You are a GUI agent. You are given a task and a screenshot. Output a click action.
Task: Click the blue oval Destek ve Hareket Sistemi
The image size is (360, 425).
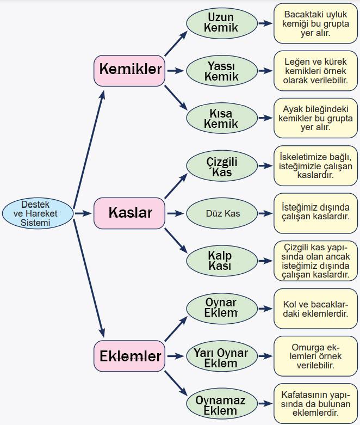(x=37, y=213)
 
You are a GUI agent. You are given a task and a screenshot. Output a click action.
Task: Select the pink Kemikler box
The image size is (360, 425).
(x=129, y=70)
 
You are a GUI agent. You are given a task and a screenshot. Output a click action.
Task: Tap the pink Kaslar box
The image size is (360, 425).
(x=129, y=213)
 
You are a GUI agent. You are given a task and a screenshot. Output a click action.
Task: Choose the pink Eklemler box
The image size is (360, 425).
(x=129, y=356)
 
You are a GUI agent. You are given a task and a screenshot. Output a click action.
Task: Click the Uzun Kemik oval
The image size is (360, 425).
(x=221, y=23)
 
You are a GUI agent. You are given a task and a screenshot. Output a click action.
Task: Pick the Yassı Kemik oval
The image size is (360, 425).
(x=221, y=71)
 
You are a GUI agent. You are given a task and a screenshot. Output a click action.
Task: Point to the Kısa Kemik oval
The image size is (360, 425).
(x=221, y=119)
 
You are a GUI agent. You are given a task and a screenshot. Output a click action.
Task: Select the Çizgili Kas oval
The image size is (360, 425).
(x=221, y=167)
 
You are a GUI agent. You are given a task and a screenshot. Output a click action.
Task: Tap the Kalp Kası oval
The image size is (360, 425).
(x=221, y=261)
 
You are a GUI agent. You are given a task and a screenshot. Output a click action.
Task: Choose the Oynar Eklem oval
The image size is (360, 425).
(x=221, y=308)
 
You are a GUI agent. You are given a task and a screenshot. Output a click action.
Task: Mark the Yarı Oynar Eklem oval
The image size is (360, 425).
(x=221, y=358)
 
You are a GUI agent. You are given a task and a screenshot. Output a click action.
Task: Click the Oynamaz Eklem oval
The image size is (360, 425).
(x=221, y=405)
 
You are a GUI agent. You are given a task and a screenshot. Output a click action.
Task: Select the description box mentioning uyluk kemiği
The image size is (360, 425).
(x=315, y=23)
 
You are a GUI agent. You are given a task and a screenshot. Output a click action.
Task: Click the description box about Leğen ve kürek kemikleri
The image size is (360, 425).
(x=315, y=71)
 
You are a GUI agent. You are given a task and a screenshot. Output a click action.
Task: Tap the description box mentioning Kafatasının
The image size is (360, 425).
(x=315, y=404)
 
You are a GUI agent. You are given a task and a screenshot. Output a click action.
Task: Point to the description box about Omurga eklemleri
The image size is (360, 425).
(x=315, y=356)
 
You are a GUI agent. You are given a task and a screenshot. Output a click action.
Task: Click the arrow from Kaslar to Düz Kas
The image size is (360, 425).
(x=175, y=213)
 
